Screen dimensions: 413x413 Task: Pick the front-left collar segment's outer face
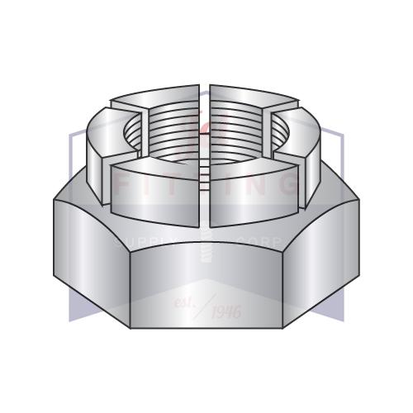pyautogui.click(x=157, y=194)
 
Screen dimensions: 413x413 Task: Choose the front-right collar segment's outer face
pyautogui.click(x=252, y=194)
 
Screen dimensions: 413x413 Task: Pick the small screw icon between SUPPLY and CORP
pyautogui.click(x=206, y=248)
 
